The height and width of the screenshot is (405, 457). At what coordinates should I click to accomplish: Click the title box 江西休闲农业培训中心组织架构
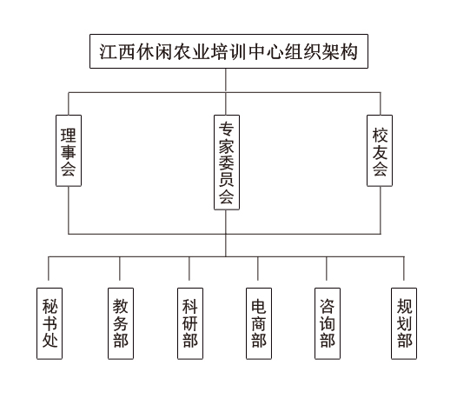pyautogui.click(x=228, y=51)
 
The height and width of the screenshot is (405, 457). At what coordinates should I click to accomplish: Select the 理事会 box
pyautogui.click(x=69, y=150)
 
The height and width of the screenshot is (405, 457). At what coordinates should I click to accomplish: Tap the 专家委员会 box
pyautogui.click(x=227, y=163)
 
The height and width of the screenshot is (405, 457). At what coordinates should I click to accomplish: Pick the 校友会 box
pyautogui.click(x=380, y=150)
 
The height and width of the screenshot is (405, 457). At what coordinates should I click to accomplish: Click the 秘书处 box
pyautogui.click(x=50, y=323)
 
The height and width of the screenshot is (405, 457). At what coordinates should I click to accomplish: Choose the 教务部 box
pyautogui.click(x=121, y=323)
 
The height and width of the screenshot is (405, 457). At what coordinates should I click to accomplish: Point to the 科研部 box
pyautogui.click(x=190, y=323)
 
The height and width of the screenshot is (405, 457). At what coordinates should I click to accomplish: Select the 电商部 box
pyautogui.click(x=259, y=323)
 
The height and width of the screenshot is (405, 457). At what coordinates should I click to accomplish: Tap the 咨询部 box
pyautogui.click(x=328, y=323)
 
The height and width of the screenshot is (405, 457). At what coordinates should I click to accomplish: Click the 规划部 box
pyautogui.click(x=404, y=323)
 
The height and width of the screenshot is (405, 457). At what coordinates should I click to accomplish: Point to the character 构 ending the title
pyautogui.click(x=348, y=52)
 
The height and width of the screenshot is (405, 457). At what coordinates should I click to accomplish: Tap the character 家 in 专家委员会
pyautogui.click(x=227, y=146)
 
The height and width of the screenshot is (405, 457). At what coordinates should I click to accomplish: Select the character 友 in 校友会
pyautogui.click(x=380, y=152)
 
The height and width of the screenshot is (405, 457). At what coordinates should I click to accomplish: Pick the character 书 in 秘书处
pyautogui.click(x=50, y=322)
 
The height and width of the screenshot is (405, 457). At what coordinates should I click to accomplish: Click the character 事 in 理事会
pyautogui.click(x=69, y=152)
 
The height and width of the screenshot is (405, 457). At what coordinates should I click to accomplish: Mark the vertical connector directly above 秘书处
pyautogui.click(x=49, y=269)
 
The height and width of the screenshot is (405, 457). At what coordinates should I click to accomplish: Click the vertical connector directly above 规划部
pyautogui.click(x=404, y=269)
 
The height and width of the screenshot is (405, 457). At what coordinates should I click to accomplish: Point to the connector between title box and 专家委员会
pyautogui.click(x=226, y=91)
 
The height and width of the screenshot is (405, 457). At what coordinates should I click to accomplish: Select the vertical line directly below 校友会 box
pyautogui.click(x=381, y=210)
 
